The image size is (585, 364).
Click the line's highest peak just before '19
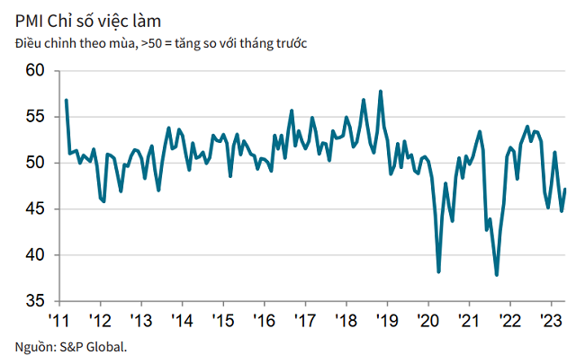tap(381, 91)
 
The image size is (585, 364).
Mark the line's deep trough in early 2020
tap(438, 271)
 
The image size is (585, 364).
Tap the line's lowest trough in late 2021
tap(497, 275)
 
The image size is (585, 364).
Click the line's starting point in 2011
tap(67, 100)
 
